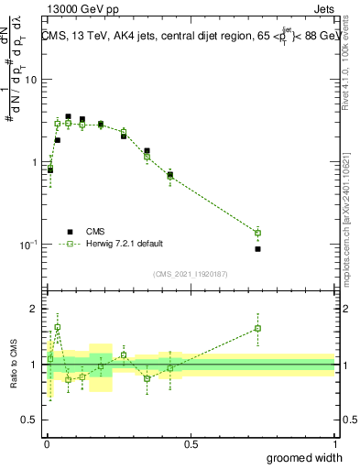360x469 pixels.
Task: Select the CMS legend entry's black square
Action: (70, 231)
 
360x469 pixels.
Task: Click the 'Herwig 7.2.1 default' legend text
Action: (125, 244)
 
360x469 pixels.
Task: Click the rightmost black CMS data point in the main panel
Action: (257, 249)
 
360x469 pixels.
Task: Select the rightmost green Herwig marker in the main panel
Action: (257, 233)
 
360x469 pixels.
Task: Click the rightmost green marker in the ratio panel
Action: (257, 328)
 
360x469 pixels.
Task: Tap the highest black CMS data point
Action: (68, 116)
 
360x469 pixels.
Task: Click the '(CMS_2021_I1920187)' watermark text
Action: (190, 273)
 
